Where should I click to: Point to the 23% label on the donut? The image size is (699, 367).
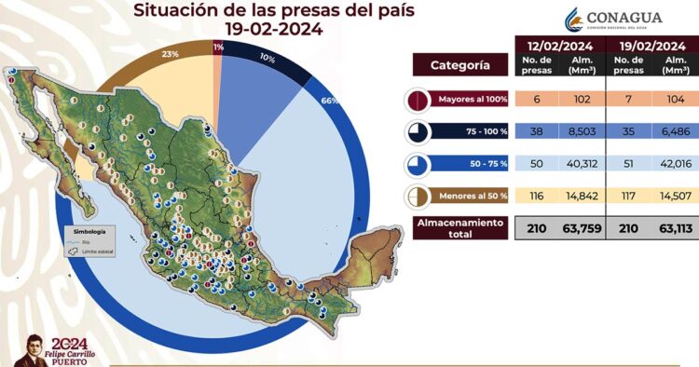tap(171, 54)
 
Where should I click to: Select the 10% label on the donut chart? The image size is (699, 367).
tap(267, 58)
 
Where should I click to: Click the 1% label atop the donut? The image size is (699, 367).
tap(218, 47)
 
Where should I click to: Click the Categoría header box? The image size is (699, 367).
tap(460, 66)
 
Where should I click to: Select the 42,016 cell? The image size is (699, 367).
tap(675, 164)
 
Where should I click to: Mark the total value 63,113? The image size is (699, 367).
tap(675, 227)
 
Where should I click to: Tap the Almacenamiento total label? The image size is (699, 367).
tap(459, 228)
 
